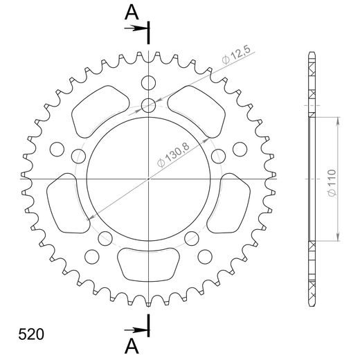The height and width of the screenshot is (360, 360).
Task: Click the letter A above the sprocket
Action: (x=132, y=12)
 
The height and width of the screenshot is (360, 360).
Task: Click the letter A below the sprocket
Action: (x=132, y=344)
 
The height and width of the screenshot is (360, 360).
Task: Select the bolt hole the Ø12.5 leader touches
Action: (x=149, y=105)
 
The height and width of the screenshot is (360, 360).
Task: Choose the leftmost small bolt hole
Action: (x=58, y=149)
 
